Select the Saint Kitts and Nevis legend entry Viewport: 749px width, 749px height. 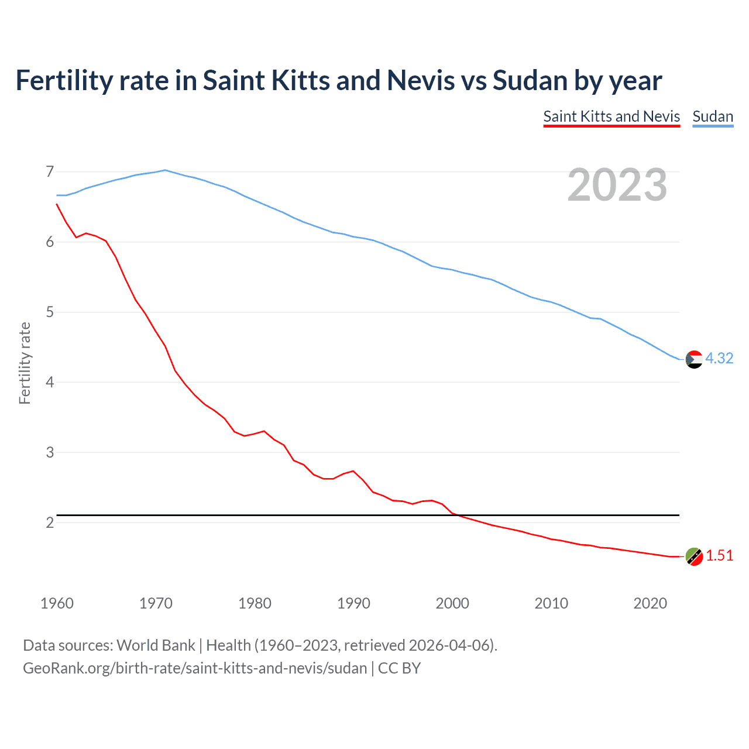point(611,116)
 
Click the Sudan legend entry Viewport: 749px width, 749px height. point(713,116)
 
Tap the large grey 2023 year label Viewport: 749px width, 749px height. point(617,185)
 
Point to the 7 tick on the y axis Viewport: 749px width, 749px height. point(50,171)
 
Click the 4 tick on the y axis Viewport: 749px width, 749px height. point(50,382)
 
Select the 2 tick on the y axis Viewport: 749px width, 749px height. point(50,523)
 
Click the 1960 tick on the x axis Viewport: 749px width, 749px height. point(57,603)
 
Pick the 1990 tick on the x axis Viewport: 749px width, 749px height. point(353,603)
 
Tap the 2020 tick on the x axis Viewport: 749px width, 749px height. point(650,603)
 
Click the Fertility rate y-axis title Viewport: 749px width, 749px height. point(25,363)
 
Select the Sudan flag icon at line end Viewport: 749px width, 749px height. point(694,359)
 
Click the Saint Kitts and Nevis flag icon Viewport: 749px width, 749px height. point(694,556)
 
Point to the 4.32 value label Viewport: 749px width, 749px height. point(719,358)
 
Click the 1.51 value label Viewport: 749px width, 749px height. point(719,555)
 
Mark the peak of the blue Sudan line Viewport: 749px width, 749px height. point(165,170)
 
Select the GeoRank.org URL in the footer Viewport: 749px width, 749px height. point(195,668)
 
